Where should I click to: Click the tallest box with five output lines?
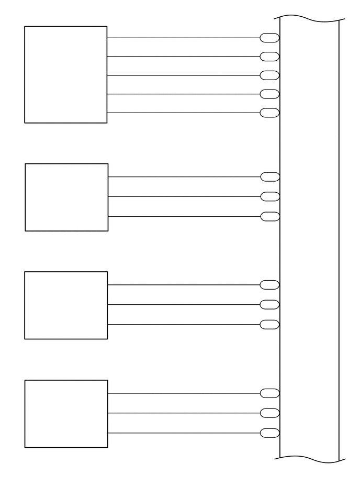point(65,74)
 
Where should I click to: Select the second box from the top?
point(66,197)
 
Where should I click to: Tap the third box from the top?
point(66,305)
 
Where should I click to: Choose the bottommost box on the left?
point(66,414)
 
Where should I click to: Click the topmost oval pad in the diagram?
point(269,38)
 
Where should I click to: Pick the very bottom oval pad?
point(269,433)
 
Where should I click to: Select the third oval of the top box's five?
point(269,75)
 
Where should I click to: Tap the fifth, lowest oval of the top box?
point(269,113)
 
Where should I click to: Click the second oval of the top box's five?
point(269,57)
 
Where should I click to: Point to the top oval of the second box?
point(269,177)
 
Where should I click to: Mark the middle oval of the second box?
point(269,197)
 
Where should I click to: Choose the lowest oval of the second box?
point(269,216)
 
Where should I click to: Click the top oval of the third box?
point(269,285)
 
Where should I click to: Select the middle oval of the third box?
point(269,305)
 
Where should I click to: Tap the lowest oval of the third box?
point(269,325)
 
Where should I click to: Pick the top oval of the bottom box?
point(269,393)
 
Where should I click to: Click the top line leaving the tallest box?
point(183,38)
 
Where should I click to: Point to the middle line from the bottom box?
point(183,413)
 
